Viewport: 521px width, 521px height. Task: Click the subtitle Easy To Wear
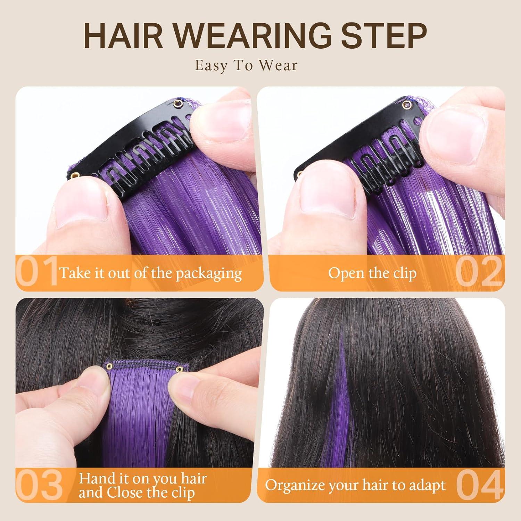coord(246,65)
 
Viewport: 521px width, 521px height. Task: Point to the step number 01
coord(37,271)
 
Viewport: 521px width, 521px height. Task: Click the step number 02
coord(479,272)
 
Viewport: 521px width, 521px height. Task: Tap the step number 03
coord(39,485)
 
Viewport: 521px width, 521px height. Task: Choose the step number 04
coord(480,485)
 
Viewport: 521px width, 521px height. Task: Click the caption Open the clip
coord(372,273)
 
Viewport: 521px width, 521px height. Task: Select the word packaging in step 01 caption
coord(208,274)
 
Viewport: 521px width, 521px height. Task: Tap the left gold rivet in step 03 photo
coord(109,365)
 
